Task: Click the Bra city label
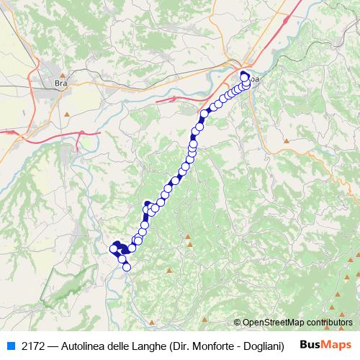tap(60, 83)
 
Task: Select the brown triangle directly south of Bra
tap(66, 113)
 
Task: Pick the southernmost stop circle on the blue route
tap(127, 267)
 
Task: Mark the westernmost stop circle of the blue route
tap(113, 248)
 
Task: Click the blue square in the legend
tap(11, 344)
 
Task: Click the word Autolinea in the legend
tap(89, 344)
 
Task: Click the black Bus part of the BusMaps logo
tap(311, 344)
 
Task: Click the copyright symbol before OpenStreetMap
tap(238, 323)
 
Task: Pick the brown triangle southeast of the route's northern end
tap(287, 140)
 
